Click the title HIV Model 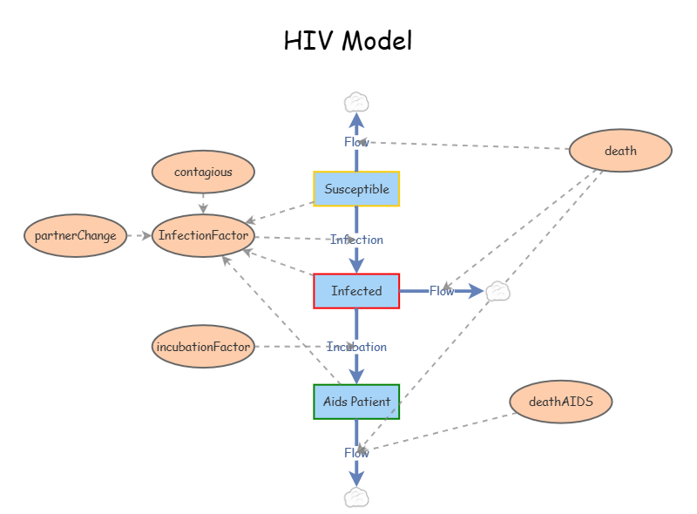point(348,40)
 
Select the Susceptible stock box point(356,189)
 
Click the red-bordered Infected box point(356,291)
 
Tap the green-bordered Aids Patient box point(356,402)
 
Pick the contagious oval point(203,172)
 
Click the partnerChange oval point(76,236)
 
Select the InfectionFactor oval point(203,236)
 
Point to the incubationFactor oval point(203,347)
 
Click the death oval point(620,151)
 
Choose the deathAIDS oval point(561,402)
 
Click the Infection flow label point(356,240)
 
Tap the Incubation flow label point(356,347)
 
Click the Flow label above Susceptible point(356,142)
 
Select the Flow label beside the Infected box point(442,291)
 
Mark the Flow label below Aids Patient point(356,452)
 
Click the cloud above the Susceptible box point(356,103)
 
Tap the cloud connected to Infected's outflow point(497,291)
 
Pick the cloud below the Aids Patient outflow point(356,497)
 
